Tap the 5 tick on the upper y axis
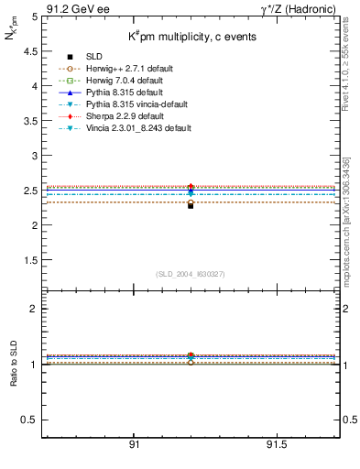click(34, 16)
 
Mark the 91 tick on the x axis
click(134, 444)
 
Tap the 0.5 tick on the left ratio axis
click(30, 420)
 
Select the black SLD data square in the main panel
click(191, 205)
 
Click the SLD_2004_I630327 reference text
click(191, 274)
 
